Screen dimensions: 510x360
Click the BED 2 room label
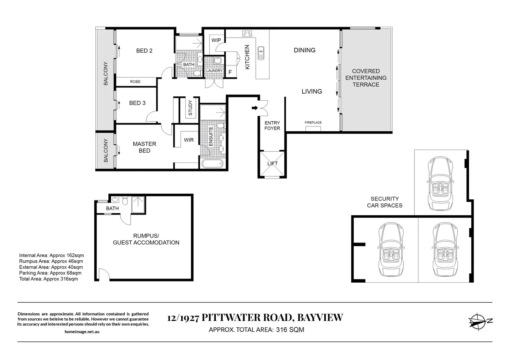[144, 51]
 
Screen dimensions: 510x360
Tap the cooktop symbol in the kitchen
[247, 34]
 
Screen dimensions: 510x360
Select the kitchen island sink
[261, 53]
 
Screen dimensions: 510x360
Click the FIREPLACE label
[313, 122]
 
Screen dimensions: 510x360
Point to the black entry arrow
[255, 108]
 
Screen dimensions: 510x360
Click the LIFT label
[272, 164]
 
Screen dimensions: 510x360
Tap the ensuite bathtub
[212, 164]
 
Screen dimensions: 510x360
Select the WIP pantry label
[216, 40]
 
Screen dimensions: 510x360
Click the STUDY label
[190, 108]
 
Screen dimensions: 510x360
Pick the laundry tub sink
[217, 61]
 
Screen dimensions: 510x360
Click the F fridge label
[230, 72]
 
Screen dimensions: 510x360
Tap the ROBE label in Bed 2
[135, 82]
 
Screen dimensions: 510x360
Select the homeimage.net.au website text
[82, 332]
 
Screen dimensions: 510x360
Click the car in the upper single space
[440, 183]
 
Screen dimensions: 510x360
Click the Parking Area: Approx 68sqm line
[50, 273]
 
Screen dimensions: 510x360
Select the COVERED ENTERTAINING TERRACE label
[366, 78]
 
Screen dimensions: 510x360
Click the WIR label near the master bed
[189, 140]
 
